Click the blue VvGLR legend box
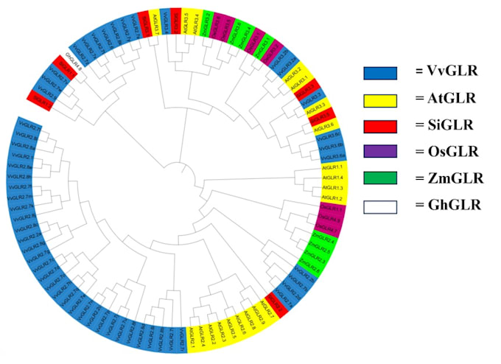(x=380, y=73)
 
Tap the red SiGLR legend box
(x=380, y=125)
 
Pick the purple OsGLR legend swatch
(x=380, y=152)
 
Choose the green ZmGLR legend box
(x=380, y=178)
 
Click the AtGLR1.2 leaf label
(x=332, y=199)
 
